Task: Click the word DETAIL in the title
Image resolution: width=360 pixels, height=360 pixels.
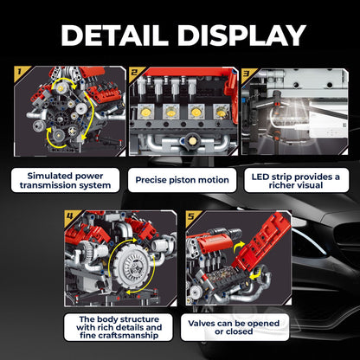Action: [114, 35]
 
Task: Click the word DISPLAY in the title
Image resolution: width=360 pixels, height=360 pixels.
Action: [241, 35]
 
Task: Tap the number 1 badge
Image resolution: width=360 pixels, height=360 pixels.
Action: [20, 71]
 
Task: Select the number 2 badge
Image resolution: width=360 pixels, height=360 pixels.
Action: [134, 72]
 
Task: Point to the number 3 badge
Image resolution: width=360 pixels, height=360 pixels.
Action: [247, 73]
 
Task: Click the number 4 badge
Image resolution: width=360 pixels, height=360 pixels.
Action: [70, 215]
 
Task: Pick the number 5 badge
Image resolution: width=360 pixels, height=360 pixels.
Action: [191, 216]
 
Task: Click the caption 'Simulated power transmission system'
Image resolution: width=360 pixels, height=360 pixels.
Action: [65, 180]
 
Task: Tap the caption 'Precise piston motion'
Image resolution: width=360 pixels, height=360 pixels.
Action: [182, 180]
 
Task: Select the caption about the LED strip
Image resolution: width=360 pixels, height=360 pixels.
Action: [296, 181]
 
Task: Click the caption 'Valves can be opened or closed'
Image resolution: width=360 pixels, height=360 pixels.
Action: [234, 327]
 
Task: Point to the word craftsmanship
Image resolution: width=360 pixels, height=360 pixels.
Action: [119, 336]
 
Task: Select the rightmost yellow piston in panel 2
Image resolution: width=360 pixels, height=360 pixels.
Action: [222, 112]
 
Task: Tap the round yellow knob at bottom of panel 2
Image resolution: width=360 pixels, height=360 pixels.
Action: [190, 140]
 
